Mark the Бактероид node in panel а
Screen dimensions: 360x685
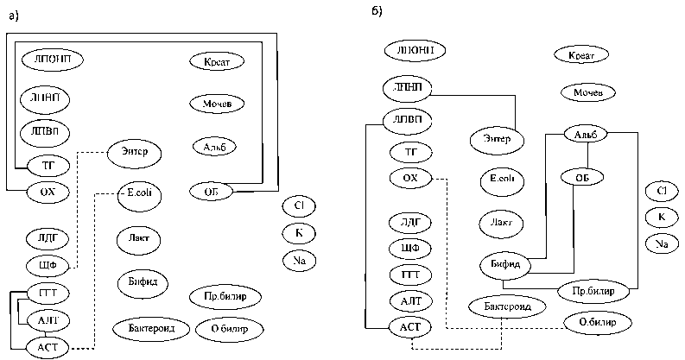144,328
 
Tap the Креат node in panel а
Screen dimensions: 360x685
216,62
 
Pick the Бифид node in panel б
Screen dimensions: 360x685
503,264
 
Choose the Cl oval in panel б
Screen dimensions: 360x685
662,190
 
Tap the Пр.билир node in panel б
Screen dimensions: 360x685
593,291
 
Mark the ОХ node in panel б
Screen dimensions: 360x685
410,179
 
